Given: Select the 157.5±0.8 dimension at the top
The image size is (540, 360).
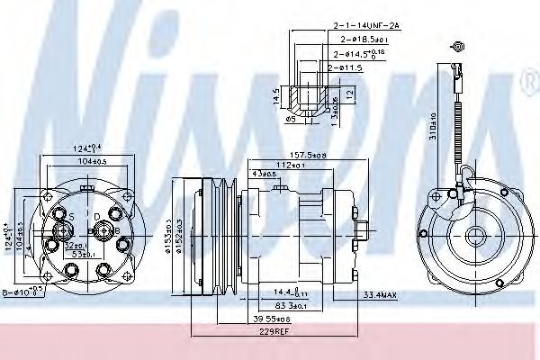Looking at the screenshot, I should pyautogui.click(x=308, y=155).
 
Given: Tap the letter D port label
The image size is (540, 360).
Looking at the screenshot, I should pyautogui.click(x=97, y=217).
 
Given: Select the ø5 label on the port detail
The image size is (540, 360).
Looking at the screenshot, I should pyautogui.click(x=290, y=117).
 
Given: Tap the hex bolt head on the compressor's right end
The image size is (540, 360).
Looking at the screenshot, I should pyautogui.click(x=360, y=236).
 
